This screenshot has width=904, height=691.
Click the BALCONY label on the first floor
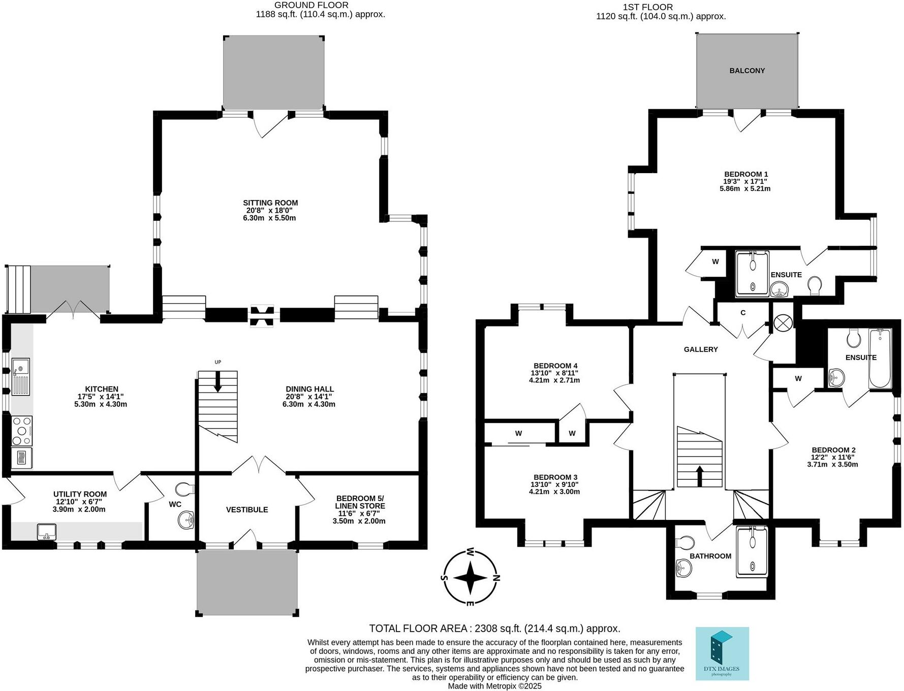click(x=746, y=71)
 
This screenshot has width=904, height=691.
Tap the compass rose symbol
click(x=470, y=577)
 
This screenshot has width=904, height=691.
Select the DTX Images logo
click(x=722, y=653)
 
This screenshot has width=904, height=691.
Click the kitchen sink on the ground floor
click(x=20, y=377)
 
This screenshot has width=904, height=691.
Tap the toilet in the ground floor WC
click(x=184, y=489)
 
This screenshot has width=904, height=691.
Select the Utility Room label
click(x=80, y=494)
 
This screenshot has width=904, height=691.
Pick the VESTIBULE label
click(x=247, y=510)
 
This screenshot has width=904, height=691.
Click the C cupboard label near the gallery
click(x=743, y=313)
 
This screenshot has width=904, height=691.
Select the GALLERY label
click(x=701, y=349)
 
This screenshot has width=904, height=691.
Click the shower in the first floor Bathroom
click(x=752, y=551)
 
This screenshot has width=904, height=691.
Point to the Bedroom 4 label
click(x=555, y=366)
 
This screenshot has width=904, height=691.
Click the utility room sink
click(x=47, y=532)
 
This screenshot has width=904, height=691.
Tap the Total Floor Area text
click(x=494, y=629)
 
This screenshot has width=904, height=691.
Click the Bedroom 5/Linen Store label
click(x=360, y=502)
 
